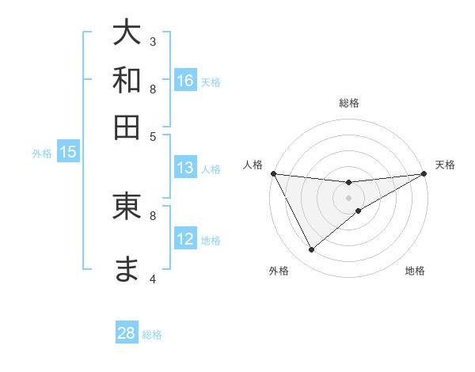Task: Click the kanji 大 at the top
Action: click(x=127, y=33)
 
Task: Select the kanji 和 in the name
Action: click(x=127, y=80)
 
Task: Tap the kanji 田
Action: click(x=127, y=127)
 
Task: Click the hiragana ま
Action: click(x=127, y=270)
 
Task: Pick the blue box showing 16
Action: click(x=185, y=80)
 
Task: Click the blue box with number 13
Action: click(x=185, y=168)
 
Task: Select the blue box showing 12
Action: click(x=185, y=239)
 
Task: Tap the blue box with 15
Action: click(x=67, y=153)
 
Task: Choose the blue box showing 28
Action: click(x=127, y=333)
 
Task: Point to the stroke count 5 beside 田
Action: click(x=153, y=135)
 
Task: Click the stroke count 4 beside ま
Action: click(x=153, y=279)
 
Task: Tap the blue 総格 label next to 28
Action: click(x=152, y=335)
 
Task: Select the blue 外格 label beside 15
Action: click(x=42, y=154)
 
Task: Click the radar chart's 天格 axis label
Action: click(x=445, y=165)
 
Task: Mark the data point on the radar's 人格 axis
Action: click(x=273, y=173)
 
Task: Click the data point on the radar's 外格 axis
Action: click(x=311, y=250)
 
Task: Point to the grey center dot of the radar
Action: click(x=349, y=197)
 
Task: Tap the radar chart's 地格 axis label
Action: click(x=415, y=271)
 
